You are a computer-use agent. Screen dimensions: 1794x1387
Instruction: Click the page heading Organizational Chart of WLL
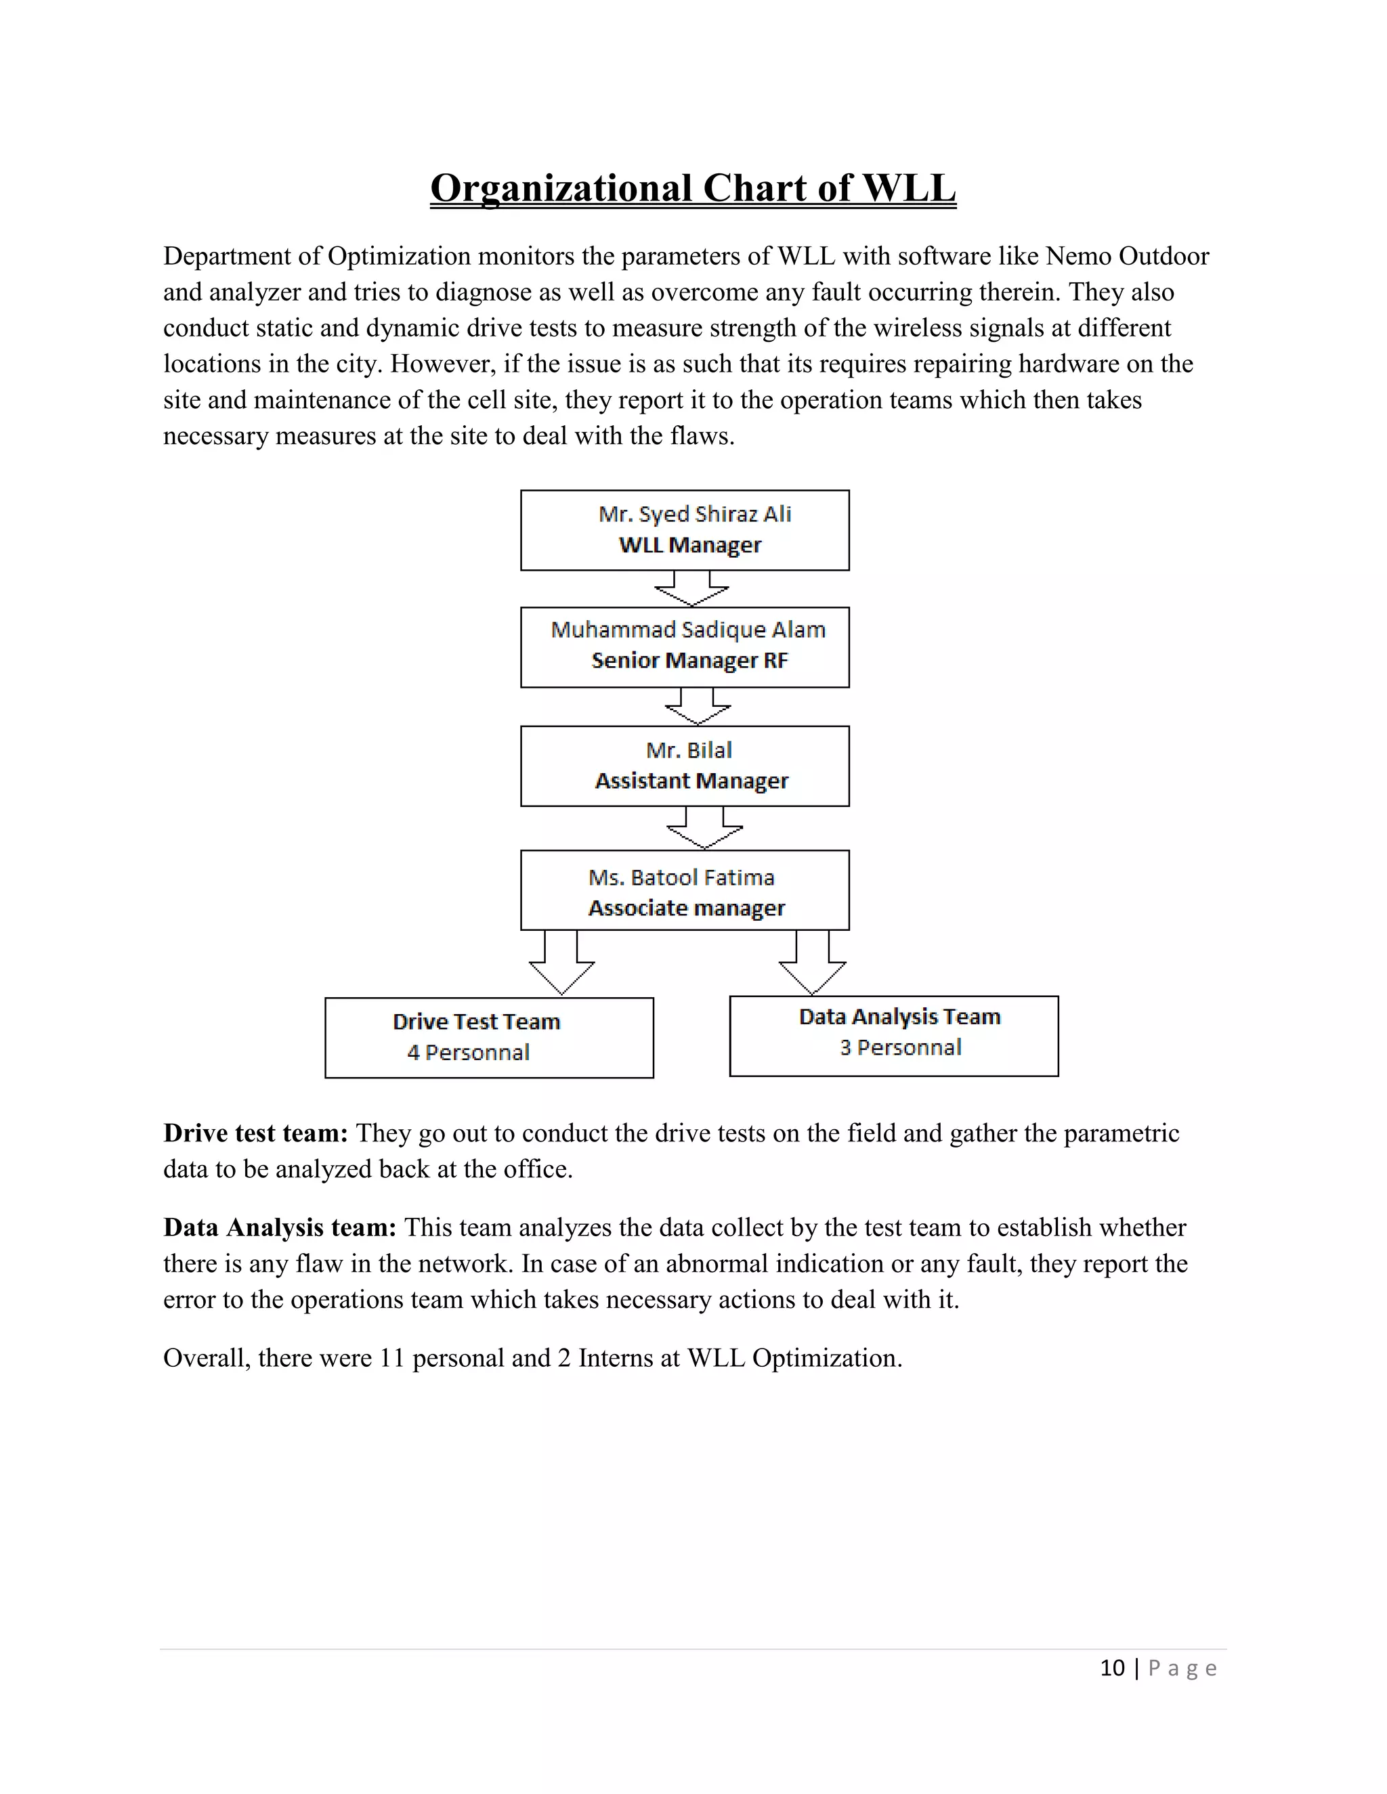[x=693, y=188]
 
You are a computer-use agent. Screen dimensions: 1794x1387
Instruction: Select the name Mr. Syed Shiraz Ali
[x=694, y=515]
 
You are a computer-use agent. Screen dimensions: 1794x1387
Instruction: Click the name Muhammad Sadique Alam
[x=688, y=630]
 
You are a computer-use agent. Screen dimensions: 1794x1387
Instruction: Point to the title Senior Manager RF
[x=689, y=661]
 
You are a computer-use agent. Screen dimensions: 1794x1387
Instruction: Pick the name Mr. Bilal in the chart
[x=689, y=750]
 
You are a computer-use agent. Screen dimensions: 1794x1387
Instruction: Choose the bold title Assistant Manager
[x=691, y=781]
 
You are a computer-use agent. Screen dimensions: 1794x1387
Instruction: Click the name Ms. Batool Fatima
[x=681, y=877]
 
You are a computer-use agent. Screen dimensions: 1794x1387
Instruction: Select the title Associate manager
[x=686, y=908]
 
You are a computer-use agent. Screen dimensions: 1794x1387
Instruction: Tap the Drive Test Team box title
[x=477, y=1022]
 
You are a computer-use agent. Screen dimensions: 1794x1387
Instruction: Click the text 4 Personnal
[x=469, y=1052]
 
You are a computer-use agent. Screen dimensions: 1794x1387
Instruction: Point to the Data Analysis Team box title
[x=900, y=1017]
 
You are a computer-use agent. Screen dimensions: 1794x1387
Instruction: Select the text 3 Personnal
[x=900, y=1047]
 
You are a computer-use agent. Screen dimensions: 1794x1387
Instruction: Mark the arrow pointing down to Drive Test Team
[x=562, y=965]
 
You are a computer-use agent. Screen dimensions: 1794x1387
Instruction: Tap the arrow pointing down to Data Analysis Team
[x=812, y=965]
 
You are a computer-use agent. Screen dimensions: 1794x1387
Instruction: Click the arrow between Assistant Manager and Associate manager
[x=705, y=828]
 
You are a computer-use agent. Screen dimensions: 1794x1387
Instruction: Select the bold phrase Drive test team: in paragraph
[x=255, y=1133]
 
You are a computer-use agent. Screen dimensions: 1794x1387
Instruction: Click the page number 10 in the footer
[x=1112, y=1668]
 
